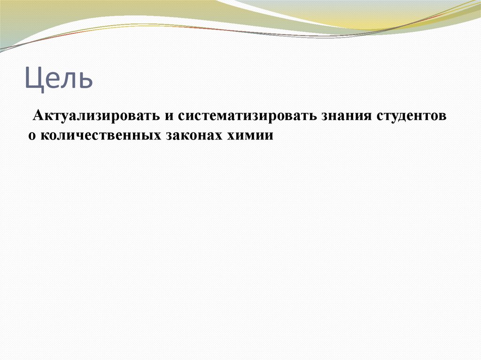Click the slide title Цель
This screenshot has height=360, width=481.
(59, 78)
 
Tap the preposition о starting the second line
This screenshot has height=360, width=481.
(31, 136)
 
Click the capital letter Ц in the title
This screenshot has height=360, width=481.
(33, 79)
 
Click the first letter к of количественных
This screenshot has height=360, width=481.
(44, 136)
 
